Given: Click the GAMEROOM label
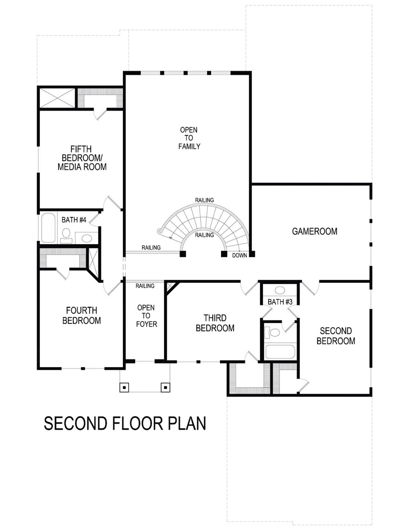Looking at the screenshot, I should pyautogui.click(x=314, y=231).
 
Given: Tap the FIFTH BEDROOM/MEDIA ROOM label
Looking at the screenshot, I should pyautogui.click(x=82, y=158).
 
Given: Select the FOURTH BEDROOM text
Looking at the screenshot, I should pyautogui.click(x=81, y=315).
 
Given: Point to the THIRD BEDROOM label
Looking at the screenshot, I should pyautogui.click(x=215, y=323).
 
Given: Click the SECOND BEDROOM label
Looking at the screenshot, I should pyautogui.click(x=336, y=336).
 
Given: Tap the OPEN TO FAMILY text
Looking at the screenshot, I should pyautogui.click(x=189, y=138).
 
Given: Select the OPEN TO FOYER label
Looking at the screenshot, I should pyautogui.click(x=146, y=316).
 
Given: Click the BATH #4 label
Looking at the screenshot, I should pyautogui.click(x=74, y=220).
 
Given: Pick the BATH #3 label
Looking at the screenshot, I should pyautogui.click(x=280, y=302).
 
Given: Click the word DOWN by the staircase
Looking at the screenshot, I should pyautogui.click(x=239, y=255).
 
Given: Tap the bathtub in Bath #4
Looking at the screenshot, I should pyautogui.click(x=48, y=228).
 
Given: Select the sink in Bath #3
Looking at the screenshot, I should pyautogui.click(x=280, y=291).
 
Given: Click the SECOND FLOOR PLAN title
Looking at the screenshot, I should pyautogui.click(x=125, y=423).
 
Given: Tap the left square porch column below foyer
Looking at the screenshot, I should pyautogui.click(x=124, y=387).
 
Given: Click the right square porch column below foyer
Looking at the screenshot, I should pyautogui.click(x=165, y=387).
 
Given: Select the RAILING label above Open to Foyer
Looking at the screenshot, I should pyautogui.click(x=145, y=286).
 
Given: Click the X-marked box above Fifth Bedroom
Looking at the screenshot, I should pyautogui.click(x=57, y=97).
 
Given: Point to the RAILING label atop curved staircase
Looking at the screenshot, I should pyautogui.click(x=204, y=200).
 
